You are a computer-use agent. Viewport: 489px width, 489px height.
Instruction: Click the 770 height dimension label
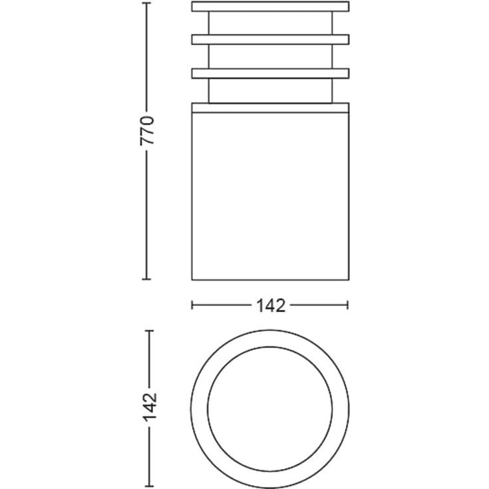point(147,130)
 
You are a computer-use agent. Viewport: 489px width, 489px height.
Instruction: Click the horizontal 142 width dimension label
point(271,305)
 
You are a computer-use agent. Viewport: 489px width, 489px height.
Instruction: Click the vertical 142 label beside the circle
point(150,407)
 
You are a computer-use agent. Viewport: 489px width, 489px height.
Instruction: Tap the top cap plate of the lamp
point(270,7)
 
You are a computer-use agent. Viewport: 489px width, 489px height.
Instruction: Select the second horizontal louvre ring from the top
point(270,40)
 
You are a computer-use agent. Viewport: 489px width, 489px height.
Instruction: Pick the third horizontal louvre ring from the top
point(270,73)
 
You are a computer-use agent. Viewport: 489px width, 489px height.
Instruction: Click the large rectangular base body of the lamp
point(270,196)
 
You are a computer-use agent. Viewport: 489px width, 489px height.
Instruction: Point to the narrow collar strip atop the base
point(270,108)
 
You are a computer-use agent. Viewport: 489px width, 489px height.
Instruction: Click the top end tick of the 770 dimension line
point(146,3)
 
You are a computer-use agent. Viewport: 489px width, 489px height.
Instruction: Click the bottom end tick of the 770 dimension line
point(146,279)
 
